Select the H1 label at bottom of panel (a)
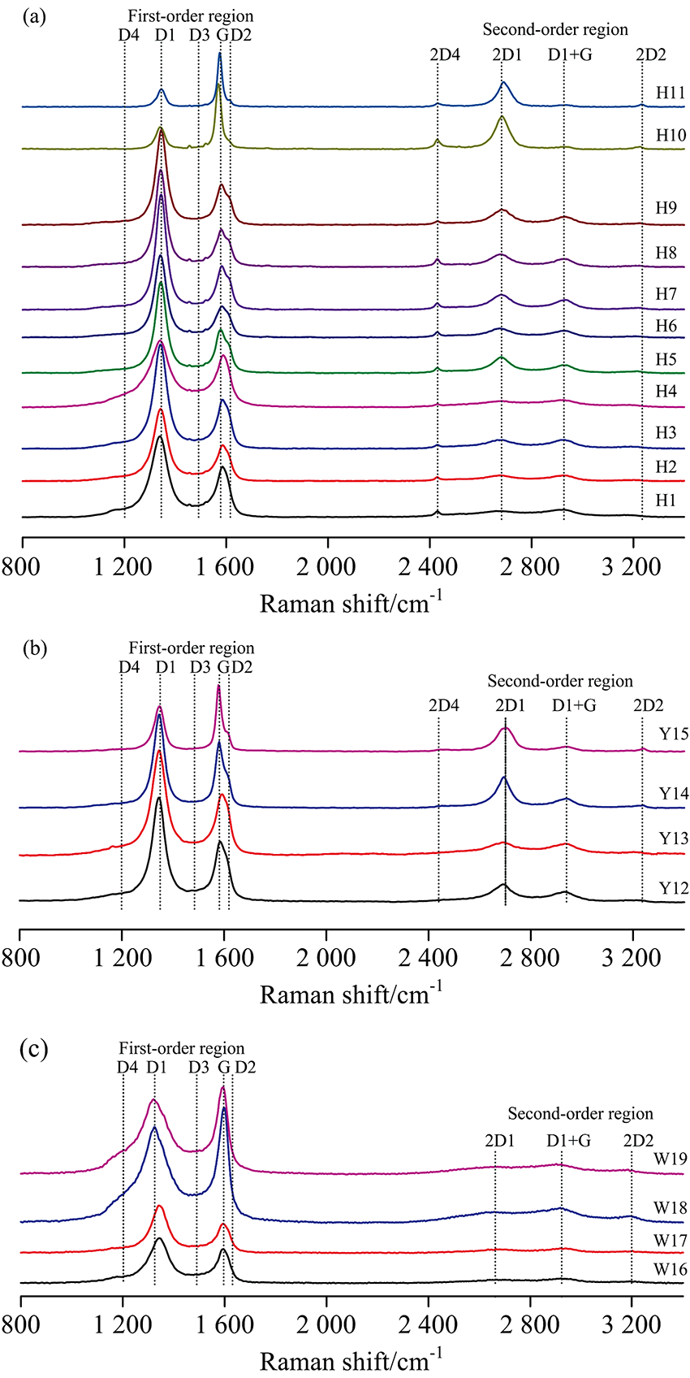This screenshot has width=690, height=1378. click(666, 500)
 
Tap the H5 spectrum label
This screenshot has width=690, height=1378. click(666, 359)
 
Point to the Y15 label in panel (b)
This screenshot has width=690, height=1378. click(674, 734)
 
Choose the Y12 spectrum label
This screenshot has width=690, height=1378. click(674, 888)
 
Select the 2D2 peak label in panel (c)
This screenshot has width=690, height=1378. click(639, 1141)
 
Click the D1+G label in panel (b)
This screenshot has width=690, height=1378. click(574, 705)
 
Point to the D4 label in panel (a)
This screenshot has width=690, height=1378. click(128, 35)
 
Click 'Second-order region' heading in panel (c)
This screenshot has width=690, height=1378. click(580, 1113)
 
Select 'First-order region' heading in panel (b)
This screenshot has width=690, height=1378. click(192, 648)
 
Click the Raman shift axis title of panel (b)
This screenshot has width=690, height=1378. click(351, 992)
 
